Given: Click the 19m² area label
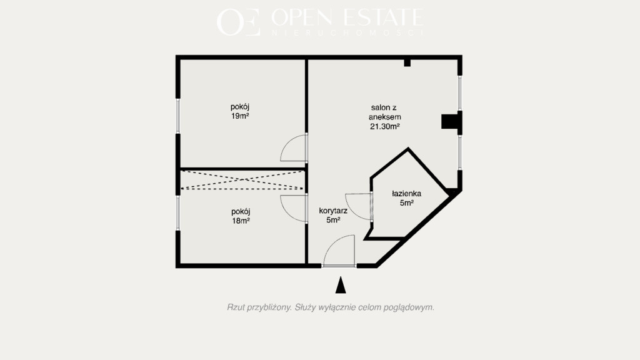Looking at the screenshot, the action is coord(240,116).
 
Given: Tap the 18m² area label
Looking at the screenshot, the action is coord(241,221).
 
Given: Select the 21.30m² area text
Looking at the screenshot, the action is coord(384,126).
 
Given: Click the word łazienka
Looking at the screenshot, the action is coord(406,194).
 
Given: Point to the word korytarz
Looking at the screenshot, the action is coord(333,211).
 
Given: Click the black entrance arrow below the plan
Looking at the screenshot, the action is coord(341,285).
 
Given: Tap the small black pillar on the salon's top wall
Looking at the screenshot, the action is coord(407,63).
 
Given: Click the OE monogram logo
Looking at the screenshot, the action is coord(238,22).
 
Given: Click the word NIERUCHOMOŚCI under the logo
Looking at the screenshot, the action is coord(347,33).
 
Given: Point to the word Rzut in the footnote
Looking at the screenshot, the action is coord(236,307).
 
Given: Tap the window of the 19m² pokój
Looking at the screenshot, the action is coord(178,116).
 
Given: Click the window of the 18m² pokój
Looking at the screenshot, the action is coord(178,213).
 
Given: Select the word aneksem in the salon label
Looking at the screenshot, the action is coord(385,117).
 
